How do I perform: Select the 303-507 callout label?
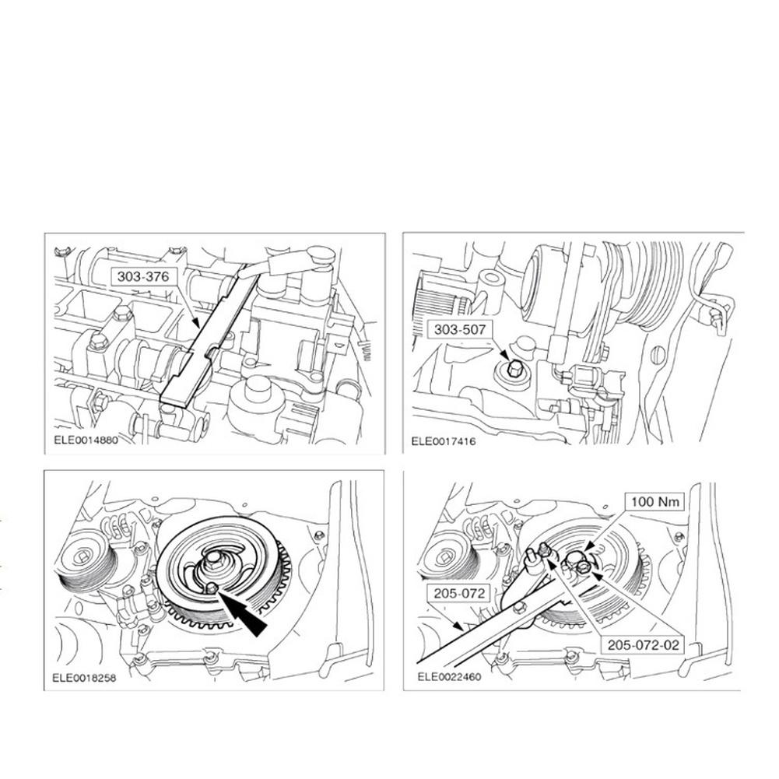(x=461, y=330)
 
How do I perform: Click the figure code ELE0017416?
(x=444, y=441)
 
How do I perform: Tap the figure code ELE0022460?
(x=449, y=676)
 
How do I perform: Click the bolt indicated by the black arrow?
(x=211, y=588)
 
